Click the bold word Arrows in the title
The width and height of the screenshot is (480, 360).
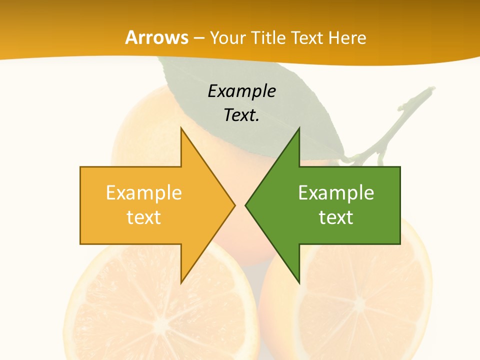[157, 37]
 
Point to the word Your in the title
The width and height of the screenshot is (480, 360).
[228, 38]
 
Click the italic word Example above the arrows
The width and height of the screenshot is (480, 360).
[241, 91]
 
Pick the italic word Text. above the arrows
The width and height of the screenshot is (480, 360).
[241, 115]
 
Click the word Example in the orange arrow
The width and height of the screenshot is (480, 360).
[143, 193]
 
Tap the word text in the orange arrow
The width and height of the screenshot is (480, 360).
[143, 217]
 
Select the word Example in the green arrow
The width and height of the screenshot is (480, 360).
[336, 193]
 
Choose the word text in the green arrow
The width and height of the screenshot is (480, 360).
[336, 217]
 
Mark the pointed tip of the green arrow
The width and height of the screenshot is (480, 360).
[246, 205]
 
